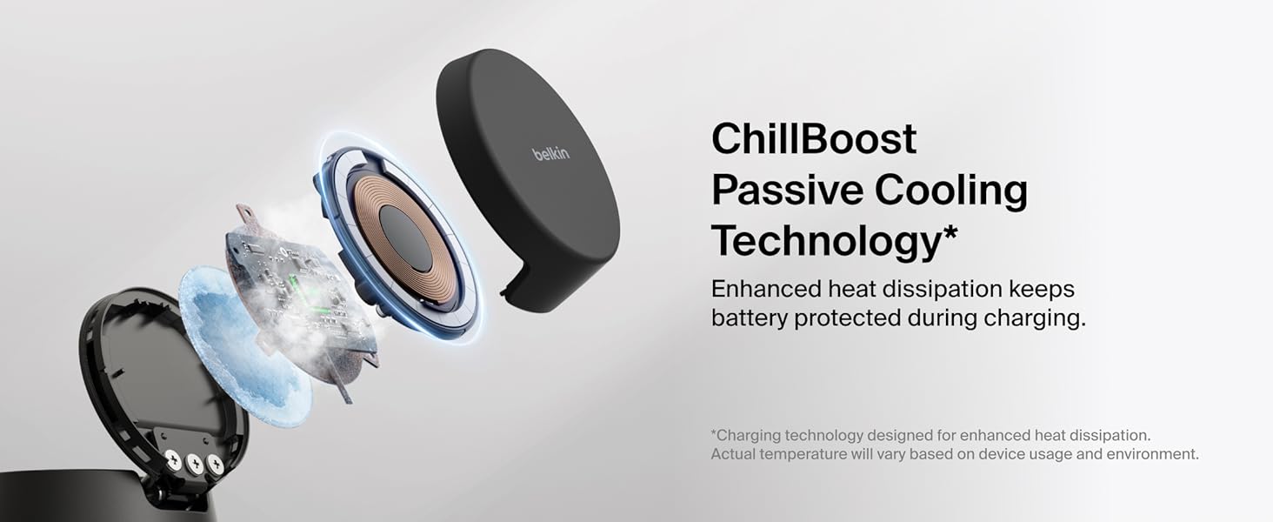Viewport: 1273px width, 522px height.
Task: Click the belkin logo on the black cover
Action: [x=550, y=154]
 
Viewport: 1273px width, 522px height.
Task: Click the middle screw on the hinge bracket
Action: [x=193, y=463]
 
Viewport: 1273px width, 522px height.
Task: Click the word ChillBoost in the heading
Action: [x=814, y=139]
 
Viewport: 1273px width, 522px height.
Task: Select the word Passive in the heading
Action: [x=787, y=191]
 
